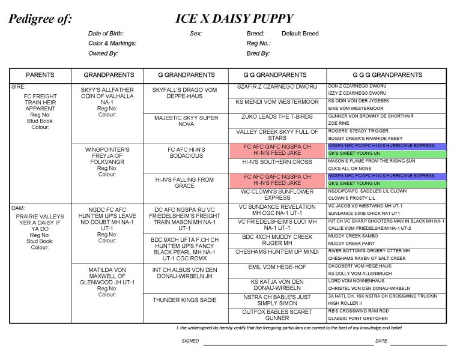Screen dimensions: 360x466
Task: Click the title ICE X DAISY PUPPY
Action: click(234, 19)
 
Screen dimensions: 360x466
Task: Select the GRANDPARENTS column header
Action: click(107, 75)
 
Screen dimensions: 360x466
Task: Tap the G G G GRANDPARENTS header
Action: click(386, 75)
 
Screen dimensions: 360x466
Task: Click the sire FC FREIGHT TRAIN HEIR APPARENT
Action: click(40, 103)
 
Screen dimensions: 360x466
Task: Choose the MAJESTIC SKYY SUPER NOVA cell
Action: click(185, 121)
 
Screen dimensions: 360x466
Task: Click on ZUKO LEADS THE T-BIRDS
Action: click(277, 116)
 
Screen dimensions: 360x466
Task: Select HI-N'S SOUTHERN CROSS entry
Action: click(277, 162)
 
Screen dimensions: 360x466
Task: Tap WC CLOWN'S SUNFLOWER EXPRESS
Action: click(277, 195)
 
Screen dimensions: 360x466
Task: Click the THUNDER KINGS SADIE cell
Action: click(185, 299)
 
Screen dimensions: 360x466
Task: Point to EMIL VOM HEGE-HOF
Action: click(277, 267)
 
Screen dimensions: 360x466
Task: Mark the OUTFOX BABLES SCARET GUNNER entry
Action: click(277, 315)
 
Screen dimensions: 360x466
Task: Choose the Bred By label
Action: click(258, 53)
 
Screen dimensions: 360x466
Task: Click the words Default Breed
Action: click(300, 34)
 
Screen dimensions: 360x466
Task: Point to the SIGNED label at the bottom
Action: click(190, 341)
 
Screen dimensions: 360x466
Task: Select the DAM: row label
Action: click(18, 208)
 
